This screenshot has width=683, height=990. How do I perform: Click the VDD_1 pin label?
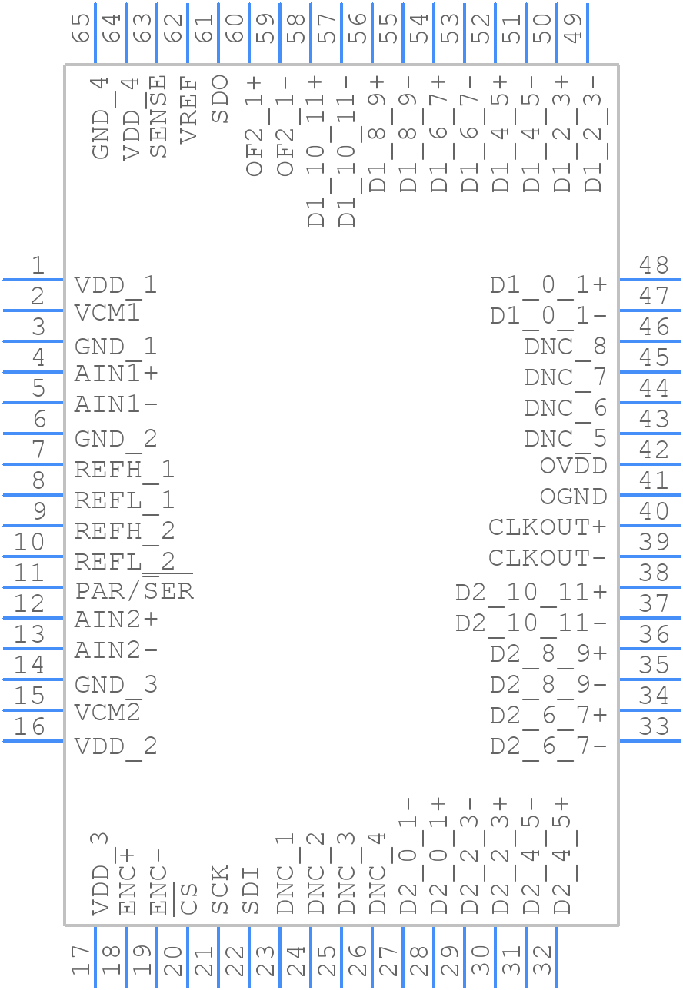(x=115, y=286)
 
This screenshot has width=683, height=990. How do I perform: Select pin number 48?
(x=654, y=266)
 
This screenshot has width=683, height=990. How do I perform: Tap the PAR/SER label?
(x=134, y=591)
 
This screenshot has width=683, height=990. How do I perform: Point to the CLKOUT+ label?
(x=548, y=527)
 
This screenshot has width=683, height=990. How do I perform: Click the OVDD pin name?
(x=573, y=466)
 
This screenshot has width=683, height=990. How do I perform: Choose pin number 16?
(x=29, y=726)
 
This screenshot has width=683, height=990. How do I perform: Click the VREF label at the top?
(x=188, y=110)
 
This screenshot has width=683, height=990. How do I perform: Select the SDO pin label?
(x=219, y=98)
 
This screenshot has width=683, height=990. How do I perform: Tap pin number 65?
(x=81, y=28)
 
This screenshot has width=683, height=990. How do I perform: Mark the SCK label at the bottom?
(x=220, y=890)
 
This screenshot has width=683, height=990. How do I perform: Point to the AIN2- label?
(x=116, y=650)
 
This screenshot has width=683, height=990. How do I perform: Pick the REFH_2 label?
(x=124, y=530)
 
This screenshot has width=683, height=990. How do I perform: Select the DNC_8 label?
(x=565, y=347)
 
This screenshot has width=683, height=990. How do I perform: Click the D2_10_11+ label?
(x=531, y=593)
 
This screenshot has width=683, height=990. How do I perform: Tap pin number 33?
(x=654, y=726)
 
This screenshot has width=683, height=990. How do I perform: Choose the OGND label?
(x=573, y=497)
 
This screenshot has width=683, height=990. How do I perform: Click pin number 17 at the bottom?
(x=80, y=961)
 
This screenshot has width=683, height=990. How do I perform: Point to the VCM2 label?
(x=107, y=713)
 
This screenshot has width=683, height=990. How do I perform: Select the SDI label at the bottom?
(x=251, y=890)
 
